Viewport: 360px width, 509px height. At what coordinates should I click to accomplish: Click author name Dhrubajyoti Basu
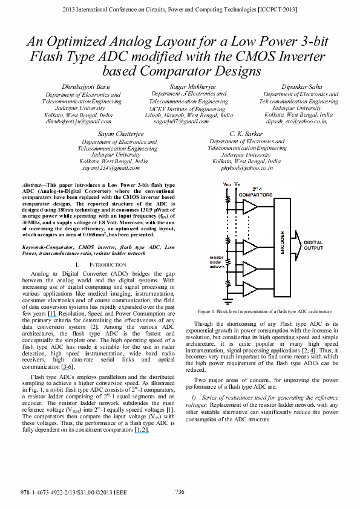pos(83,88)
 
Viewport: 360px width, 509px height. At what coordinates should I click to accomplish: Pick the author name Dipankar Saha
pos(299,88)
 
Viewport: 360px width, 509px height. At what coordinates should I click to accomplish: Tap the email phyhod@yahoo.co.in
pos(247,169)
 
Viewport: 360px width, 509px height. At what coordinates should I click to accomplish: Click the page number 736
pos(180,491)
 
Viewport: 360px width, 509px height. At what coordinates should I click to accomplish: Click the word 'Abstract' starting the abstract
pos(34,183)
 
